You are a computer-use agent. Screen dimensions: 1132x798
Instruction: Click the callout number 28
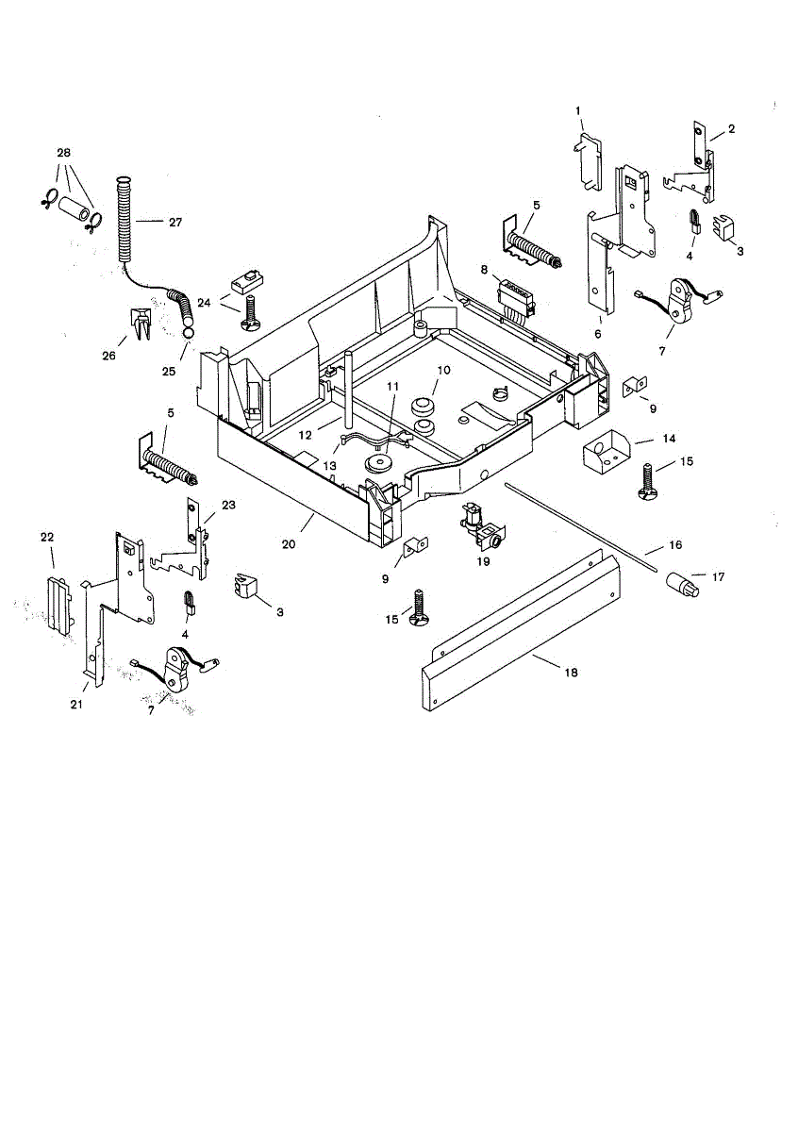click(x=64, y=153)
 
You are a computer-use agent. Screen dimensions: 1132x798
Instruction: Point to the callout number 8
click(x=483, y=269)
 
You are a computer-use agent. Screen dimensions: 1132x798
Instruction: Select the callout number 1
click(x=578, y=111)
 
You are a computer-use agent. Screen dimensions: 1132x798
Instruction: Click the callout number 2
click(x=731, y=128)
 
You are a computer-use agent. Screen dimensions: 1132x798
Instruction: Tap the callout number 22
click(x=46, y=536)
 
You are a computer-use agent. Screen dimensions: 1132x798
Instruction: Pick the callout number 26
click(x=109, y=356)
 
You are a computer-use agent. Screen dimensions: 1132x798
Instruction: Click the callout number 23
click(x=228, y=505)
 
